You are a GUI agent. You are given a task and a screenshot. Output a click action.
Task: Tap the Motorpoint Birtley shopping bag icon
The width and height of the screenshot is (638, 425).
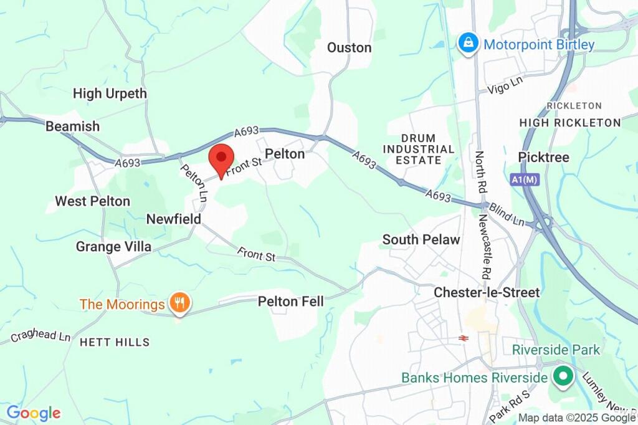coord(467,44)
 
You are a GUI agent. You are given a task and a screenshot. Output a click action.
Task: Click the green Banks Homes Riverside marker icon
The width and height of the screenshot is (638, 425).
coord(563,377)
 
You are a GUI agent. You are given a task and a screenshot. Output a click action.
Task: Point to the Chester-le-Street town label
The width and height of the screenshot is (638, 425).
coord(487,292)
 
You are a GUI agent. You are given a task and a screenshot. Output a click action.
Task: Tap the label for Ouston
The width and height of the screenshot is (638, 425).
coord(349,48)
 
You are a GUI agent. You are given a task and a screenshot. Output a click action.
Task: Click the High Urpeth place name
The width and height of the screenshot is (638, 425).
coord(110,93)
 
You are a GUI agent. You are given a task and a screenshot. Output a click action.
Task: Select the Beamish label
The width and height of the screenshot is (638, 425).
coord(72,127)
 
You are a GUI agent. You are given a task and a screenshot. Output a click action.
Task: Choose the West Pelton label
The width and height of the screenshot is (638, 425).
coord(92,201)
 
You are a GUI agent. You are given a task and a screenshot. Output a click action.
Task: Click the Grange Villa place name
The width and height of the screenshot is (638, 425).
coord(113,247)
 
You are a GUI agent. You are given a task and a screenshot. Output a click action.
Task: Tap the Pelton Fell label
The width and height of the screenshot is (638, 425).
coord(291,302)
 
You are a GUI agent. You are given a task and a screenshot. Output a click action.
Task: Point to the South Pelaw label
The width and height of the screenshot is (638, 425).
coord(421,239)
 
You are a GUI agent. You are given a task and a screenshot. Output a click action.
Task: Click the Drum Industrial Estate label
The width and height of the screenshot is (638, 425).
coord(419,149)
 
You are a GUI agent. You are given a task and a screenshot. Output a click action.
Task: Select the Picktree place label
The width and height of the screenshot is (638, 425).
coord(544,158)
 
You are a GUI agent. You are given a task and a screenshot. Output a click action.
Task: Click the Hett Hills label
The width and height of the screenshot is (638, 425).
coord(115,342)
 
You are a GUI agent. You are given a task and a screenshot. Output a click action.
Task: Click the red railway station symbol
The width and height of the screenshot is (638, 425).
coord(463,338)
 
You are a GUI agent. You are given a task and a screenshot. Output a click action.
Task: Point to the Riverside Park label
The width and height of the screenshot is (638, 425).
coord(556,350)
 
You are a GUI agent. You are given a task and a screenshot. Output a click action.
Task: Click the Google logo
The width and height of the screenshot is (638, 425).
coord(33,413)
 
